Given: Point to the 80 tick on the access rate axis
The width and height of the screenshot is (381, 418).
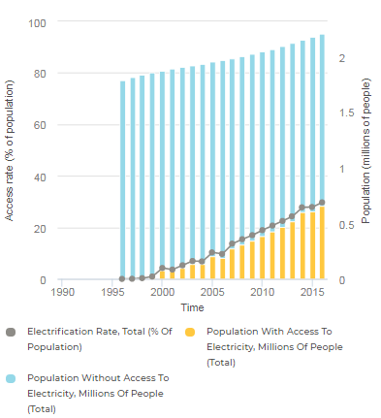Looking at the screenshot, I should tap(40, 74).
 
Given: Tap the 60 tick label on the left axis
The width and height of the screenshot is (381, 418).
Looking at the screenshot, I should tap(40, 125).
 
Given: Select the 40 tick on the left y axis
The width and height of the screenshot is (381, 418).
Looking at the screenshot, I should tap(40, 177).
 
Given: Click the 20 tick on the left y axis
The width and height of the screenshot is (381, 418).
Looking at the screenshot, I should tap(40, 229).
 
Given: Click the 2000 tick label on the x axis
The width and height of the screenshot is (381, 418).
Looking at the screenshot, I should tap(162, 291).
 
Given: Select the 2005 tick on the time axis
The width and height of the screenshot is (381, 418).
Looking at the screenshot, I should tap(211, 291).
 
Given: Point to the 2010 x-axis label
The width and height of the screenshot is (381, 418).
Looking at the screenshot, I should tap(262, 291).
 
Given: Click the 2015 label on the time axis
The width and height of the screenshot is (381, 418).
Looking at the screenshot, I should tap(311, 291).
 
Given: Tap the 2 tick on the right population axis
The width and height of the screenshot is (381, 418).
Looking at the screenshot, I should tap(341, 59).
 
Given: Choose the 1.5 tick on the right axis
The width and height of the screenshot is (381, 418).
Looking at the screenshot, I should tap(344, 113).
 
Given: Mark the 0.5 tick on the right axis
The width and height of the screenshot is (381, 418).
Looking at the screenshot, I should tap(344, 225).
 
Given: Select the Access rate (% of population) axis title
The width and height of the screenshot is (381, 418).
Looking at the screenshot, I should tap(11, 150).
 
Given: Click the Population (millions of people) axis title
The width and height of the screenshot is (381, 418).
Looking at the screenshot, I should tap(366, 150).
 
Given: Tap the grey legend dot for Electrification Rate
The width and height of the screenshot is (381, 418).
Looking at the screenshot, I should tap(12, 332).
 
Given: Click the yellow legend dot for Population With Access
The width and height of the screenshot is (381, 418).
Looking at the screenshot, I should tap(191, 332).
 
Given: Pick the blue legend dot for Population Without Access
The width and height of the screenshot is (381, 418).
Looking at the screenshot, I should tap(12, 378).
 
